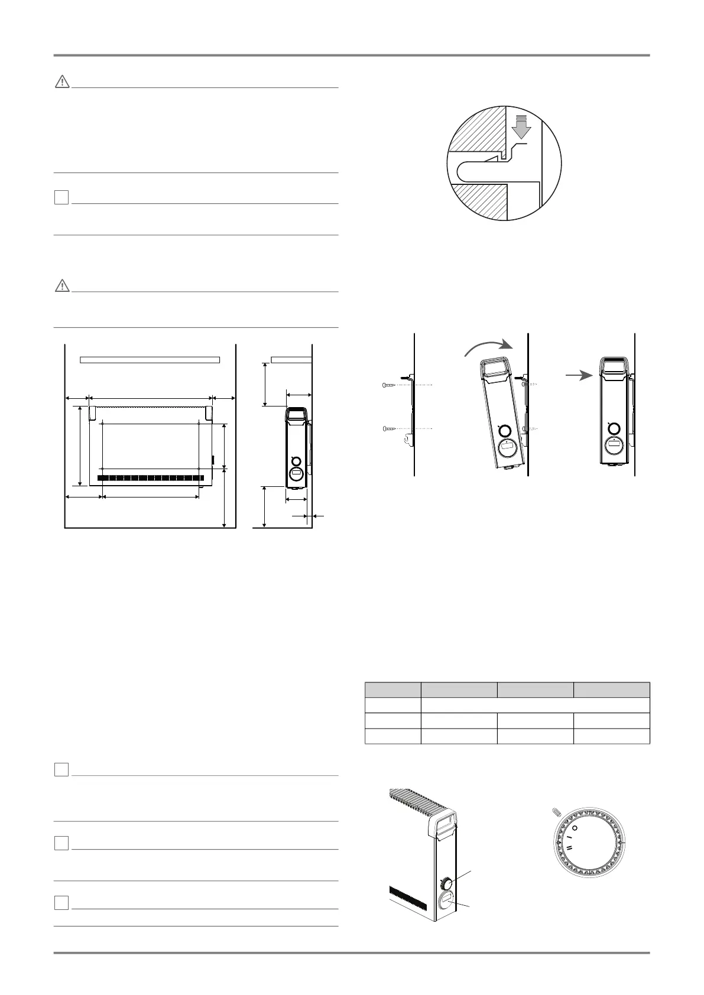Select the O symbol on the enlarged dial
575,828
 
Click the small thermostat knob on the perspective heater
447,883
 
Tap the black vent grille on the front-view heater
150,477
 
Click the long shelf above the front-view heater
150,359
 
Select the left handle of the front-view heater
93,412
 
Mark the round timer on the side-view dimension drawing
296,474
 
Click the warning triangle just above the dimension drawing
61,286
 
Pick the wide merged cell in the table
535,705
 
